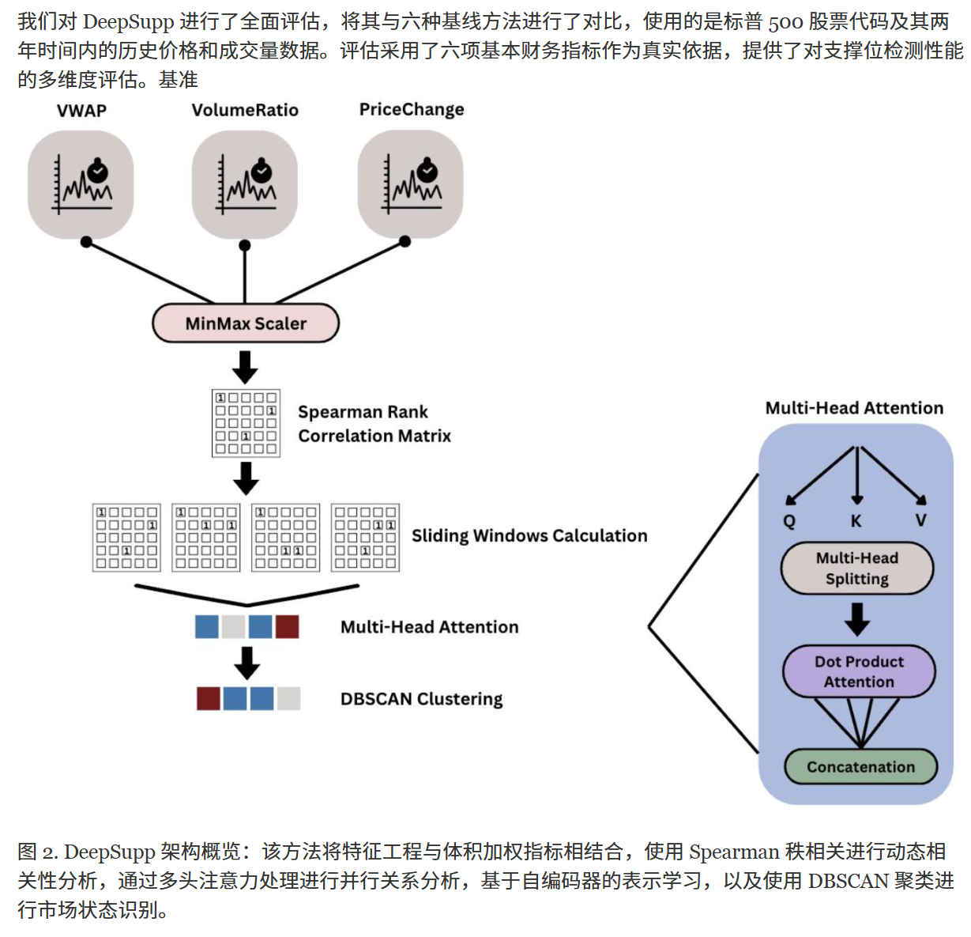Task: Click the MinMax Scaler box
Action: [x=246, y=323]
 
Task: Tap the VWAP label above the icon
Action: [x=82, y=111]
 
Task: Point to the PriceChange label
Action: [x=412, y=110]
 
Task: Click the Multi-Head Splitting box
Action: [x=856, y=568]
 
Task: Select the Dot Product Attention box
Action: [x=859, y=671]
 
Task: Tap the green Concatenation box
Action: [x=860, y=767]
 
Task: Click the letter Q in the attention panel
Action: [x=788, y=521]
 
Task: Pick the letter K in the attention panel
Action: [x=856, y=521]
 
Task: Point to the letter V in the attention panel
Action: [x=921, y=520]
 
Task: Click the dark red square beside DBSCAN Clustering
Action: [x=208, y=698]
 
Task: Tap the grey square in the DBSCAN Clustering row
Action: [x=288, y=698]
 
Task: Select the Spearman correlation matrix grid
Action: [x=246, y=423]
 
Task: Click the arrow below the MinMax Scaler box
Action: [x=245, y=367]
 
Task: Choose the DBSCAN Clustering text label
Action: [x=421, y=699]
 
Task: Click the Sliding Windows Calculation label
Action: [x=529, y=535]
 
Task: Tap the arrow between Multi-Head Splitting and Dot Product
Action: [x=857, y=619]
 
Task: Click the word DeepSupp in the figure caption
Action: [x=109, y=852]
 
